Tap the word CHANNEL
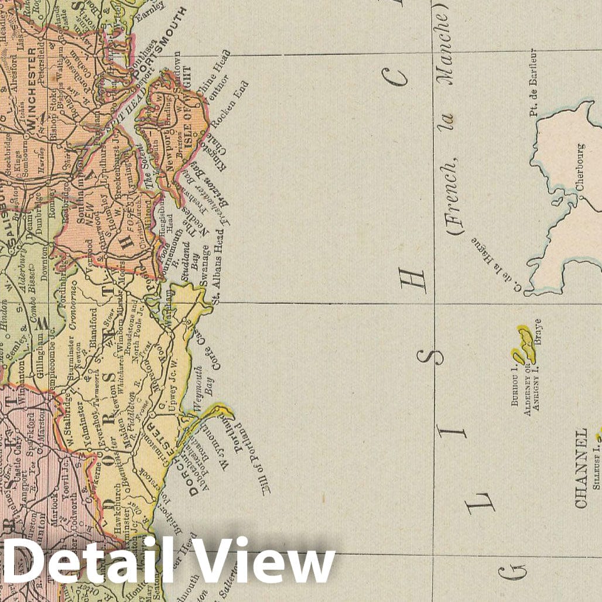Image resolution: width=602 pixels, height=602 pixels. tap(581, 468)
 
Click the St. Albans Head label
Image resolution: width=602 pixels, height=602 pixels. tap(217, 266)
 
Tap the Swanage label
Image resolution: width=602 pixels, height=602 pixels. tap(204, 266)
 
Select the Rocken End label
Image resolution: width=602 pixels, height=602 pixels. tap(230, 104)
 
